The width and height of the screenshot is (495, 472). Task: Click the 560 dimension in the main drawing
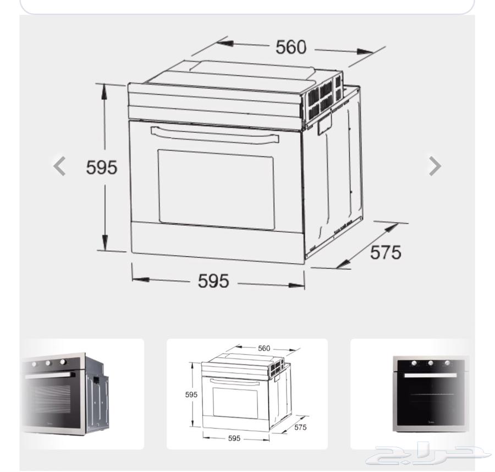point(290,48)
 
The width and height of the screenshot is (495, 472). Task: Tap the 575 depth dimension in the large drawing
point(385,252)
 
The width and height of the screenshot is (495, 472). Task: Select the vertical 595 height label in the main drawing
point(102,167)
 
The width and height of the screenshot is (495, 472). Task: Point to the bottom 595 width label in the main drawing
point(213,281)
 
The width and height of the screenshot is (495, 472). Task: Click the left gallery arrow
point(59,166)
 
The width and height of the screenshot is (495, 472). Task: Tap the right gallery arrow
point(435,166)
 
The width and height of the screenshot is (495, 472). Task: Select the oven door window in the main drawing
point(216,188)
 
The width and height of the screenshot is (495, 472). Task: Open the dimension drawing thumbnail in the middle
point(247,393)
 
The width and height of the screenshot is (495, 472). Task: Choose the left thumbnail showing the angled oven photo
point(82,393)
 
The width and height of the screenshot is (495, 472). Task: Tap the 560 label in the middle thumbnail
point(264,348)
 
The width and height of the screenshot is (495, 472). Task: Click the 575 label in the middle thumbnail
point(300,427)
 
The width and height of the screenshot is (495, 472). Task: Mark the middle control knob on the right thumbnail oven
point(431,364)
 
